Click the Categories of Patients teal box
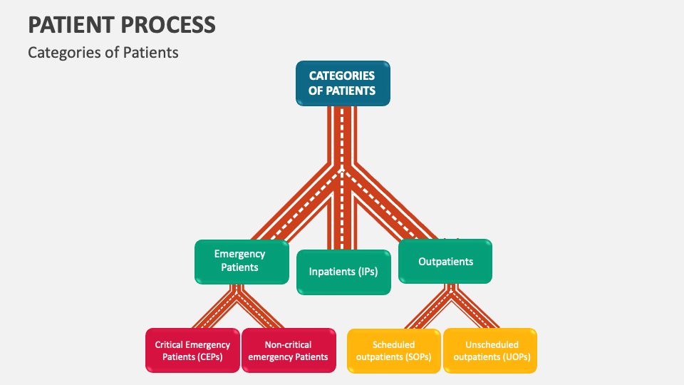point(343,83)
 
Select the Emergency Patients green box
point(239,261)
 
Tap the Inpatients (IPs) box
point(343,272)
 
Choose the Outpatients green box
point(445,262)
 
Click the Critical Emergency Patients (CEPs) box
point(192,351)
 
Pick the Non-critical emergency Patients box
point(289,351)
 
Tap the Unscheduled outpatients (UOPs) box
point(490,351)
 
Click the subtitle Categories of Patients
point(103,52)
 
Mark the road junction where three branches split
point(343,171)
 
